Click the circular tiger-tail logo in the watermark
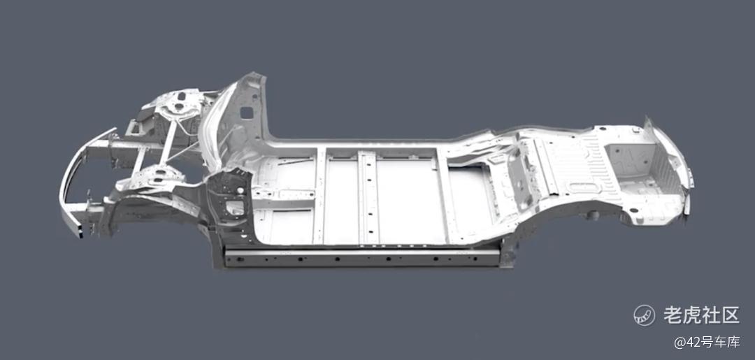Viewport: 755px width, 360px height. point(645,315)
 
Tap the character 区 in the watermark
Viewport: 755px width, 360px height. point(729,315)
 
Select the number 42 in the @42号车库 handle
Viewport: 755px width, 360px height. point(691,343)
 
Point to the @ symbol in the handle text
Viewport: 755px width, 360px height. point(679,343)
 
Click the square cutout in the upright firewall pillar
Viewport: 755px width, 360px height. point(246,113)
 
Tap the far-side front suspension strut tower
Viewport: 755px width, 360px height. point(177,103)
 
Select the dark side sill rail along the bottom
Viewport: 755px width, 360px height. point(361,257)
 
